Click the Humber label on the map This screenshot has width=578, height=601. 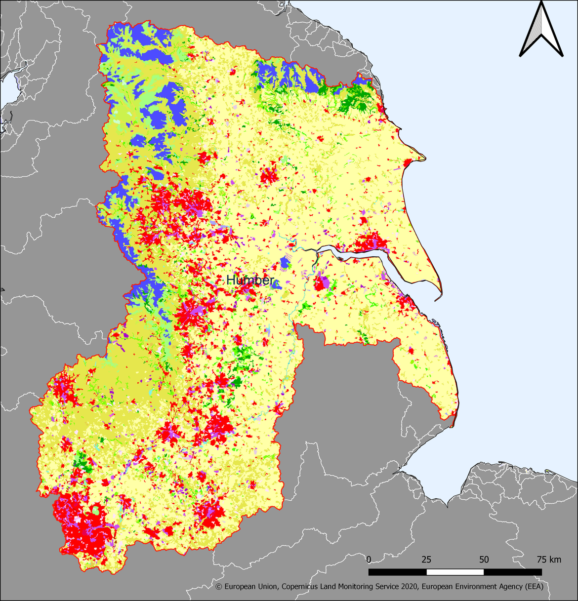click(x=250, y=280)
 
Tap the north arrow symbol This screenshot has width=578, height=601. click(x=541, y=30)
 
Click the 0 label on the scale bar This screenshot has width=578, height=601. click(x=369, y=560)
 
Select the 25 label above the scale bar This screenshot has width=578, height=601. click(x=426, y=560)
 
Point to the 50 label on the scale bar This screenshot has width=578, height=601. click(x=484, y=560)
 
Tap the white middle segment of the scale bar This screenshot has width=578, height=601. click(x=455, y=572)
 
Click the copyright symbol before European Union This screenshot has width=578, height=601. click(x=219, y=587)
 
